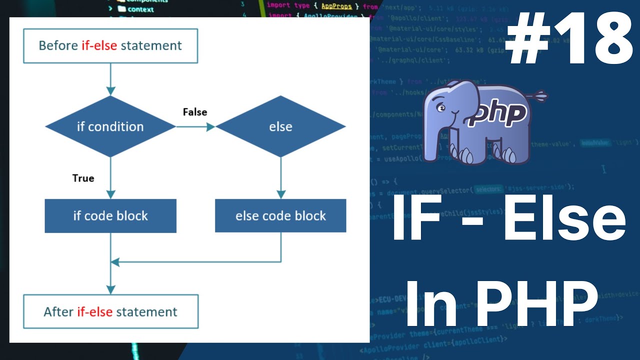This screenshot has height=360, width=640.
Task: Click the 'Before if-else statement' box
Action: click(110, 46)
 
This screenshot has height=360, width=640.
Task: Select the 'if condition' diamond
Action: click(110, 127)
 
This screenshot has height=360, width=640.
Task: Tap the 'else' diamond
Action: click(280, 127)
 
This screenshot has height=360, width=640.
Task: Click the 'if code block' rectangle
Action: click(110, 216)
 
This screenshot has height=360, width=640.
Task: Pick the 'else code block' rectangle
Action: click(280, 216)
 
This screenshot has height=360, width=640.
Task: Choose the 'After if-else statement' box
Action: click(110, 312)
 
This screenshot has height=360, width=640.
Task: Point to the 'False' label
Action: click(194, 112)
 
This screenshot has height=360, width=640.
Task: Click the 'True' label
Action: click(83, 178)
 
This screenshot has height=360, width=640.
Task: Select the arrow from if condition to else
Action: click(195, 127)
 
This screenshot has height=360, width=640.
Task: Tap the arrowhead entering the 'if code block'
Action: click(110, 194)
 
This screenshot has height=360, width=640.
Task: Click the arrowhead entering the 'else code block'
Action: click(280, 194)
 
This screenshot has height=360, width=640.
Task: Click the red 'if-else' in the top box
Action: click(99, 46)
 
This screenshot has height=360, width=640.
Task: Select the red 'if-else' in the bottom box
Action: click(95, 312)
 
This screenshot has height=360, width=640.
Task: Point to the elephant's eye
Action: click(441, 107)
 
